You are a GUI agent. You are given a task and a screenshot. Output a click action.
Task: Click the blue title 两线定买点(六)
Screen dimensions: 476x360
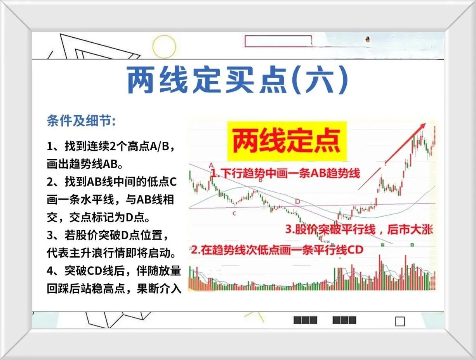(x=238, y=80)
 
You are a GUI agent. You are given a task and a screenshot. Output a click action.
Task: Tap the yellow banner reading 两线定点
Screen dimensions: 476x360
(x=287, y=141)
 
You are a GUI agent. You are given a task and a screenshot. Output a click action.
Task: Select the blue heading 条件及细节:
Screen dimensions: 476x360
(x=81, y=120)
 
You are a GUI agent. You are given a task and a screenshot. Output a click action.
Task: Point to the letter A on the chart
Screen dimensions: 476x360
(x=211, y=166)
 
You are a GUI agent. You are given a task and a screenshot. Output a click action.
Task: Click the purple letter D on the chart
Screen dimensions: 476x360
(x=297, y=202)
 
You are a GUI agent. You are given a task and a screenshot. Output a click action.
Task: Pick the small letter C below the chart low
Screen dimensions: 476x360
(x=234, y=214)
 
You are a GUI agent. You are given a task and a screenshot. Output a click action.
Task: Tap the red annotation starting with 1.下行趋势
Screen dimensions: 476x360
(x=285, y=173)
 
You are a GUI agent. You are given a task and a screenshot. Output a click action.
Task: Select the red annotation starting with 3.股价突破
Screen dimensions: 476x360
(x=359, y=230)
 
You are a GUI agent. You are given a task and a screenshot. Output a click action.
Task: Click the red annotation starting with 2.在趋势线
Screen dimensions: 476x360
(x=277, y=250)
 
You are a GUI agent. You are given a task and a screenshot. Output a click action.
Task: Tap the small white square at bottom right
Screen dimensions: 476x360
(x=400, y=322)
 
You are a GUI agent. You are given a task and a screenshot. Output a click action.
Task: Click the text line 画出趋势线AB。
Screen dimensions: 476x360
(x=85, y=164)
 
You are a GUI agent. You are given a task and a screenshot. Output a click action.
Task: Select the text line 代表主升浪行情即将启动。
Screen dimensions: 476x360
(x=112, y=253)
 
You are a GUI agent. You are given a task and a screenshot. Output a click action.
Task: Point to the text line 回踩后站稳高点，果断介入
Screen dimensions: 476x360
(x=114, y=289)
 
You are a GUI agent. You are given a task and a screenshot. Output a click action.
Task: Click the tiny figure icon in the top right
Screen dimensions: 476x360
(x=367, y=39)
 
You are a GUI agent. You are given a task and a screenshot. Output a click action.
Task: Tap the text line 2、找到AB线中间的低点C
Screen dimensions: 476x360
(x=112, y=182)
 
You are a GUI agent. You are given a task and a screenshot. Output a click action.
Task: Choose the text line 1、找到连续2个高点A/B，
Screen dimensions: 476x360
(x=111, y=146)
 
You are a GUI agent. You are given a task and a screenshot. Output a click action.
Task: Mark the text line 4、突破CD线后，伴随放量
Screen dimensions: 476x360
(x=114, y=271)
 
